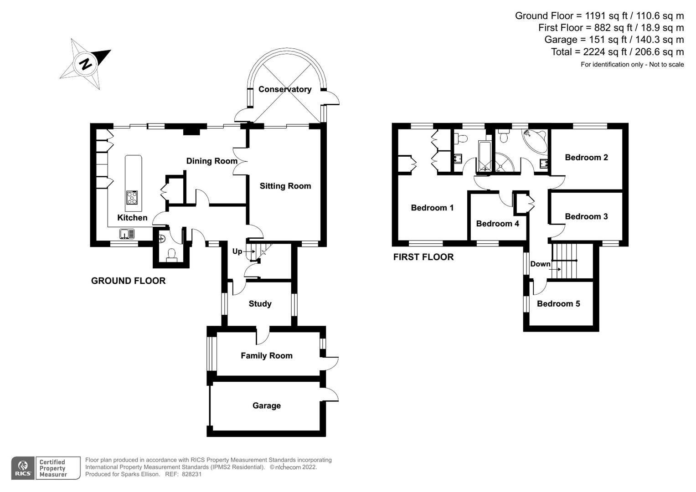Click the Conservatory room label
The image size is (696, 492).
[285, 89]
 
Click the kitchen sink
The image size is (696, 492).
[127, 234]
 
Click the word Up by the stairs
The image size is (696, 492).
[237, 251]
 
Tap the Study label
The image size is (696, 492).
[260, 304]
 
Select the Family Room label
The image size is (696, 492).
[267, 356]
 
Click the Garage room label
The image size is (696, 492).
[267, 405]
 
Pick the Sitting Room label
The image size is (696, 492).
[285, 186]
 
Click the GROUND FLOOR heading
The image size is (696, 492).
[128, 281]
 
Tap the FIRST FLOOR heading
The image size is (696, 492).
[423, 257]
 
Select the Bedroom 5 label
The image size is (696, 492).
[558, 304]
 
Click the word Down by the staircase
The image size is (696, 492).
[540, 264]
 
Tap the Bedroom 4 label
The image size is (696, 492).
[497, 224]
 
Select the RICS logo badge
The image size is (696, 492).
[22, 468]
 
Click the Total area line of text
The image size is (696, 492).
[617, 52]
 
